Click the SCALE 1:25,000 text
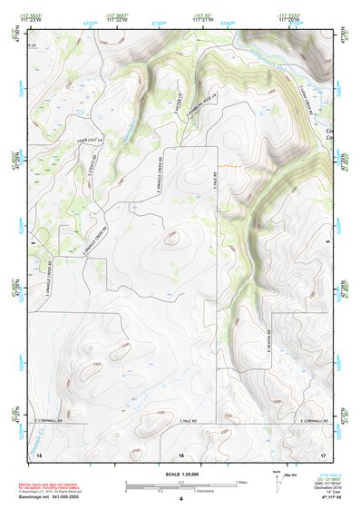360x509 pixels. (180, 474)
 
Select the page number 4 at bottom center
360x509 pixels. (180, 499)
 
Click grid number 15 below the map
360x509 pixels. (39, 455)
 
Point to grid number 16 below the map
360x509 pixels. (181, 455)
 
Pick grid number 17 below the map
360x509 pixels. (323, 455)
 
